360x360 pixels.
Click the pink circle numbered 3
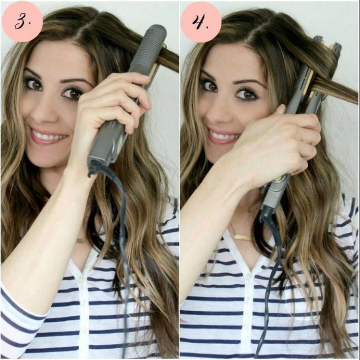point(22,21)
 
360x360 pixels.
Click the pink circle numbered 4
point(201,21)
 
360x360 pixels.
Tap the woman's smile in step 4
point(223,136)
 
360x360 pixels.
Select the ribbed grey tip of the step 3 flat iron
point(148,46)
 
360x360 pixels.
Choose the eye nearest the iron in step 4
point(246,94)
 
